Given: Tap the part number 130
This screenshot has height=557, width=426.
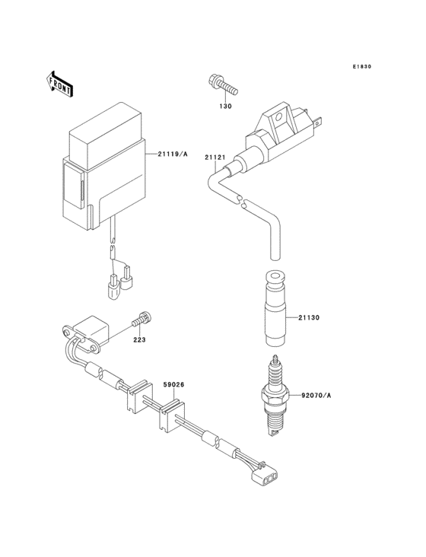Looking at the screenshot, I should pyautogui.click(x=226, y=107).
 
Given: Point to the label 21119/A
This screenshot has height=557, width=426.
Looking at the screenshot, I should pyautogui.click(x=172, y=154).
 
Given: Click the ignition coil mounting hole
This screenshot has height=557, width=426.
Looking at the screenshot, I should pyautogui.click(x=280, y=117).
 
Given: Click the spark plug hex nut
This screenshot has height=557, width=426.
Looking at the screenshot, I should pyautogui.click(x=275, y=393).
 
